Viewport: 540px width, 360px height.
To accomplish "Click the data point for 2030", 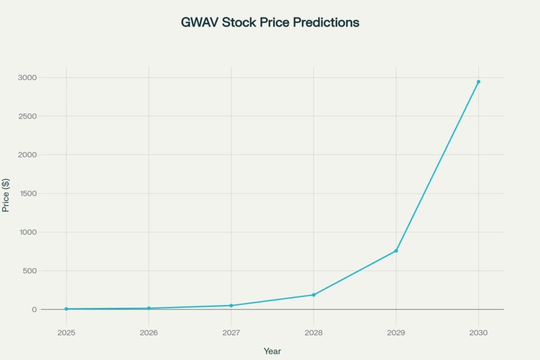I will (x=478, y=82).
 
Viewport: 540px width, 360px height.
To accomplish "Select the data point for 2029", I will (x=396, y=251).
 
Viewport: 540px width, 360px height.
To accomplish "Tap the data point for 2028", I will (x=313, y=295).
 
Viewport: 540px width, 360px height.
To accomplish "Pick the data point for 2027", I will (x=231, y=306).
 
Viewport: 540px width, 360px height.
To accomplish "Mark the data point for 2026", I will (x=149, y=308).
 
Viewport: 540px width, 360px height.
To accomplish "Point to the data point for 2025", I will (x=66, y=309).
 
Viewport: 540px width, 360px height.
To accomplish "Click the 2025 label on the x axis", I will (x=66, y=333).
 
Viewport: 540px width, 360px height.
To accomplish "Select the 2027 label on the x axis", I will (x=231, y=333).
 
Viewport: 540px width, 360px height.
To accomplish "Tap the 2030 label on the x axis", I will (x=478, y=333).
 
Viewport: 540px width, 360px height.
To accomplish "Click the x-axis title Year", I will (x=272, y=351).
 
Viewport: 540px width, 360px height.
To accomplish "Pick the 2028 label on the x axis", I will (x=313, y=333).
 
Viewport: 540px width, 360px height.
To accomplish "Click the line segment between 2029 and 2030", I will (x=437, y=167).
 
